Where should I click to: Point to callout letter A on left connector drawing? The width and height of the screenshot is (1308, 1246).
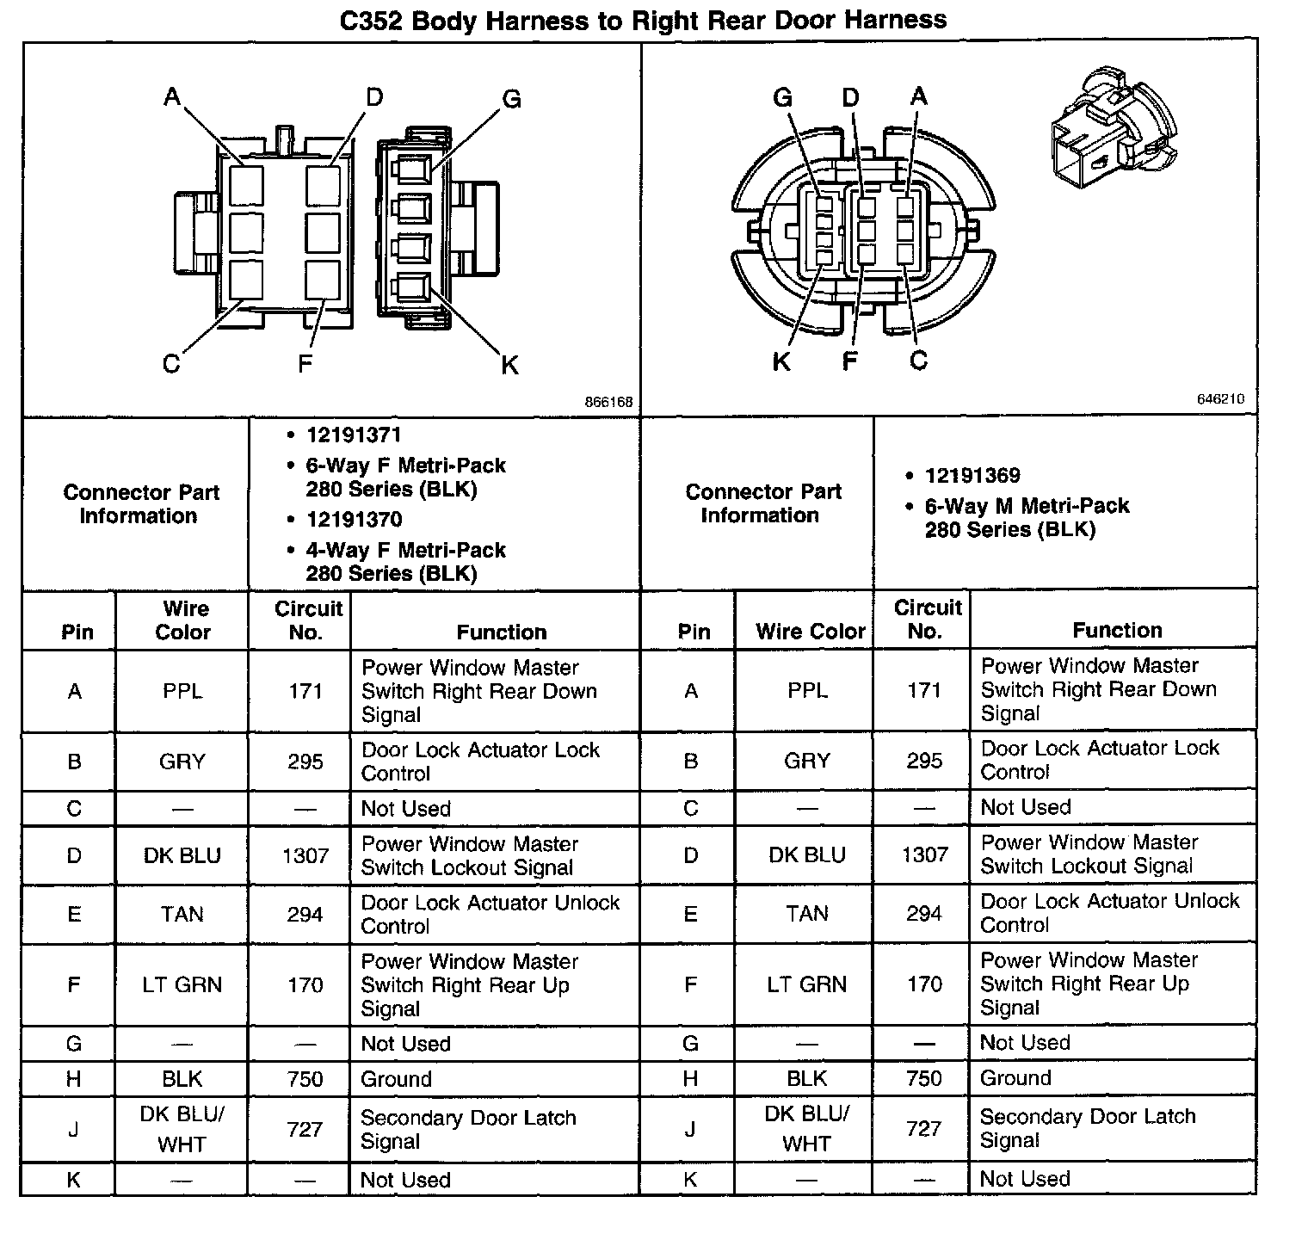click(172, 96)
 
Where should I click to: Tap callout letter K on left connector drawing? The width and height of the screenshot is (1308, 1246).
click(509, 366)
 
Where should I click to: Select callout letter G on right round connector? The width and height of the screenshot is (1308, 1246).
click(782, 97)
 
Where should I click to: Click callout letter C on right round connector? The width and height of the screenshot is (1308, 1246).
click(918, 361)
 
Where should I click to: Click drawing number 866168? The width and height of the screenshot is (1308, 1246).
click(608, 402)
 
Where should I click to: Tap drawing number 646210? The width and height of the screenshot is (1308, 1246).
click(1219, 399)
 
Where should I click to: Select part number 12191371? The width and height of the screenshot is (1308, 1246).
click(354, 435)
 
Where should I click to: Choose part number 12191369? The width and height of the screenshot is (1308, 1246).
click(972, 476)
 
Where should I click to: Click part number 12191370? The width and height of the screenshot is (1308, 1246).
click(354, 520)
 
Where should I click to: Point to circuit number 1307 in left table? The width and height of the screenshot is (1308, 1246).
click(305, 855)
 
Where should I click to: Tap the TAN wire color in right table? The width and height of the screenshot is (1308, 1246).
click(806, 913)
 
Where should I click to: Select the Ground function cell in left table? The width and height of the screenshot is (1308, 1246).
click(396, 1079)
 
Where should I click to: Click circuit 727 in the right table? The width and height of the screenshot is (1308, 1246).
click(923, 1128)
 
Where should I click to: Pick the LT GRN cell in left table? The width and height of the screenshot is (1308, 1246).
click(182, 984)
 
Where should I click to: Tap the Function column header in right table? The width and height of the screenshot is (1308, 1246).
click(1116, 630)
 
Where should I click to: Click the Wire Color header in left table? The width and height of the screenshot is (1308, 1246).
click(183, 620)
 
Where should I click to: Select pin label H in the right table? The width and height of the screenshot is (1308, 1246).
click(690, 1078)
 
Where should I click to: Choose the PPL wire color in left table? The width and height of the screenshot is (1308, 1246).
click(182, 691)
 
